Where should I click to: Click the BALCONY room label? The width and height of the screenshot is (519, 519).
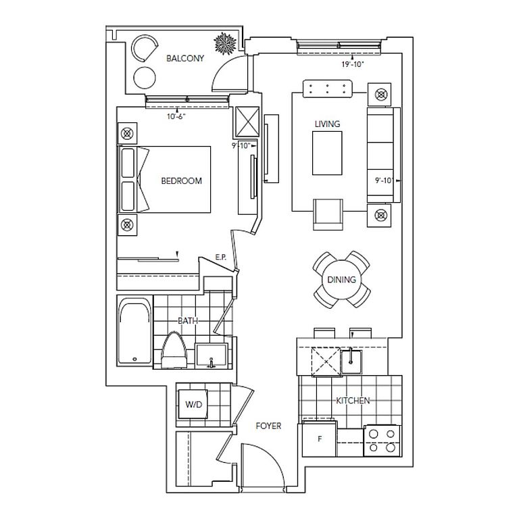coord(185,58)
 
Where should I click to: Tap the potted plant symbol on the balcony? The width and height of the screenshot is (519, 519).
coord(224,44)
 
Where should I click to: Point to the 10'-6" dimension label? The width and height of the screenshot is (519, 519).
coord(176,116)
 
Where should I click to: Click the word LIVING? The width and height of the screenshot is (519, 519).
coord(327,124)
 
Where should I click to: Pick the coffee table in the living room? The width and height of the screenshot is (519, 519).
coord(327,153)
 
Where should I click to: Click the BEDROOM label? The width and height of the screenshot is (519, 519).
coord(181,180)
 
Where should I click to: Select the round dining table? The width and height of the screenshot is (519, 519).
coord(341,279)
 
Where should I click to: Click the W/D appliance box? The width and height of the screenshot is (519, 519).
coord(194,404)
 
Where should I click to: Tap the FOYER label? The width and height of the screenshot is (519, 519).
coord(268,426)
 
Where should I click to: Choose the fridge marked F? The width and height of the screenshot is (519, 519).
coord(320,438)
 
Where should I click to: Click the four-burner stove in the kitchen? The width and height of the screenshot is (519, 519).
coord(380,440)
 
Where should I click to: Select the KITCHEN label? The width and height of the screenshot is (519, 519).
coord(353,401)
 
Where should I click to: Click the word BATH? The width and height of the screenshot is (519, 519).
coord(188,321)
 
